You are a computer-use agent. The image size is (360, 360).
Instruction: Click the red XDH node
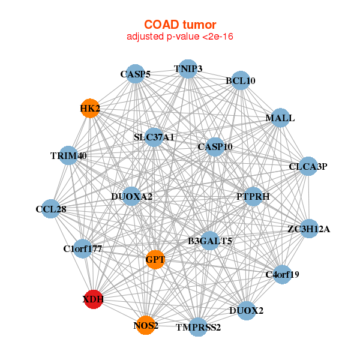point(93,298)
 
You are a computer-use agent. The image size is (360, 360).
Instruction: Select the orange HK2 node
point(90,109)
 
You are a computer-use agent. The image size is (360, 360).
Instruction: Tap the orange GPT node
point(155,259)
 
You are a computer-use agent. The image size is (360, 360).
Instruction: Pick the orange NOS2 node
point(146,326)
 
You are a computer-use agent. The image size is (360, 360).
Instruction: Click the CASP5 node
point(135,74)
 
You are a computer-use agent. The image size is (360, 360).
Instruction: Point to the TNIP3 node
point(188,68)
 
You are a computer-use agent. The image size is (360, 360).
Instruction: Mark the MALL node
point(280,118)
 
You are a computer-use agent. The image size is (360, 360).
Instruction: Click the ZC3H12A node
point(308,229)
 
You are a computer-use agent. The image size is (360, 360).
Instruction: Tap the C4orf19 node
point(282,274)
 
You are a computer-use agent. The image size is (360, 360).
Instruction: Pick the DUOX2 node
point(246,310)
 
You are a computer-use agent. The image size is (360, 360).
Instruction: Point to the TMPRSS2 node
point(198,327)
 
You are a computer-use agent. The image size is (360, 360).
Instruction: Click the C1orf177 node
point(83,248)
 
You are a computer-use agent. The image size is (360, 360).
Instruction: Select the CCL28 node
point(51,209)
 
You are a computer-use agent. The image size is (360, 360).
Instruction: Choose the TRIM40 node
point(68,156)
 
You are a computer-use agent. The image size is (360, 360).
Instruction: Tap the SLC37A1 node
point(154,137)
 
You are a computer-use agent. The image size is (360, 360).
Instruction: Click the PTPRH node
point(253,196)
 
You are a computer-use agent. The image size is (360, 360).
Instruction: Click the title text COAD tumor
point(180,25)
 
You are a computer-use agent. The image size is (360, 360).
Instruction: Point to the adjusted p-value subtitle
point(180,37)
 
